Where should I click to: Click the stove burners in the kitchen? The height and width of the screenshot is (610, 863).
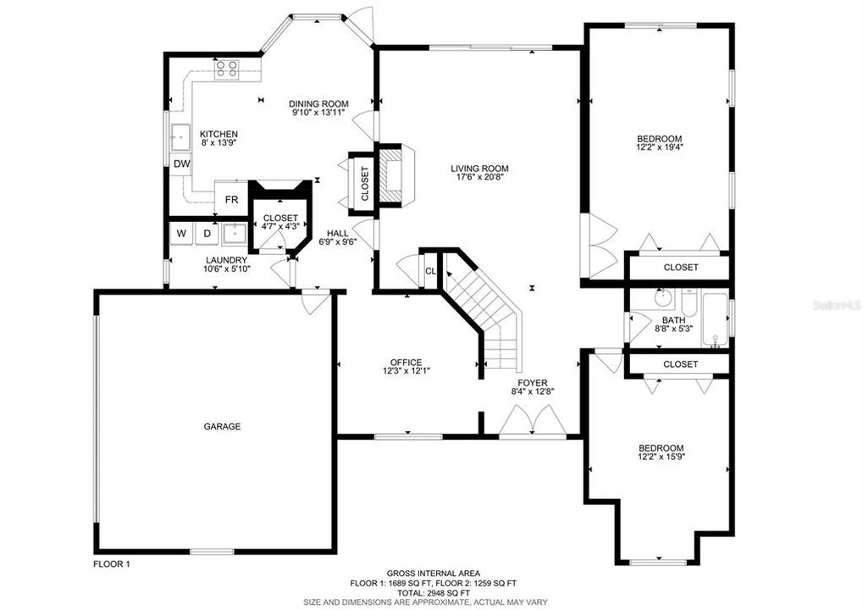[226, 69]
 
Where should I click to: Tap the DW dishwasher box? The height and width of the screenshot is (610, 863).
[181, 164]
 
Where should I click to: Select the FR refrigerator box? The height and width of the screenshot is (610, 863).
[231, 200]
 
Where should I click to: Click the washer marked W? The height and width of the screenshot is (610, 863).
[181, 233]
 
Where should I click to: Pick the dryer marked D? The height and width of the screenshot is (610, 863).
[206, 233]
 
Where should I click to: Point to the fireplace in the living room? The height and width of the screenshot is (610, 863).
[393, 175]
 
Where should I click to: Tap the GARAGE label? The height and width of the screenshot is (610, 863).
[222, 426]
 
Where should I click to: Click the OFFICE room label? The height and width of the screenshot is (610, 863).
[406, 362]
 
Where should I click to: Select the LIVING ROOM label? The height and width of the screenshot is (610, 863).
[479, 169]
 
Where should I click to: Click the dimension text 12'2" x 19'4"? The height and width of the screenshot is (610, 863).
[660, 148]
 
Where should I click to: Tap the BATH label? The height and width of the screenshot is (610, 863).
[673, 320]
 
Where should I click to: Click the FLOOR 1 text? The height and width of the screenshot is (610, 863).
[111, 563]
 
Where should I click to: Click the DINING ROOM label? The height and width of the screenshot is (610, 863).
[318, 103]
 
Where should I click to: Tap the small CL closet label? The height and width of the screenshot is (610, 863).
[430, 271]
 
